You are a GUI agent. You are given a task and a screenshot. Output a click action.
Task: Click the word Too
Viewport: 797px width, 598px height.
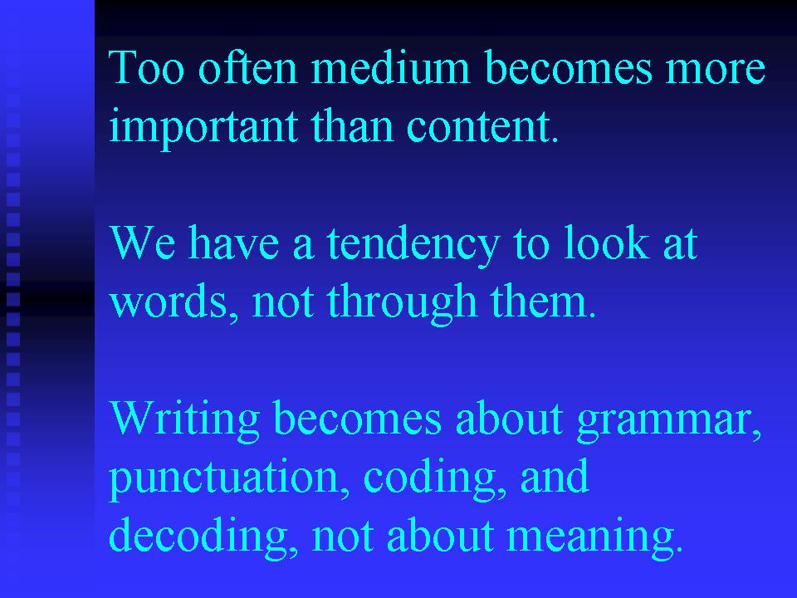click(x=146, y=67)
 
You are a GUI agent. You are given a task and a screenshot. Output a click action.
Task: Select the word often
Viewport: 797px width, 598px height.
click(x=247, y=66)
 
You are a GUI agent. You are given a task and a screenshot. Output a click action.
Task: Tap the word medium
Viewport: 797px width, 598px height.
click(x=390, y=66)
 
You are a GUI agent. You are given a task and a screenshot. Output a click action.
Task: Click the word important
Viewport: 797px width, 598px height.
click(x=203, y=127)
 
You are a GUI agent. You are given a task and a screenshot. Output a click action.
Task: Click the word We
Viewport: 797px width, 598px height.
click(x=143, y=243)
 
